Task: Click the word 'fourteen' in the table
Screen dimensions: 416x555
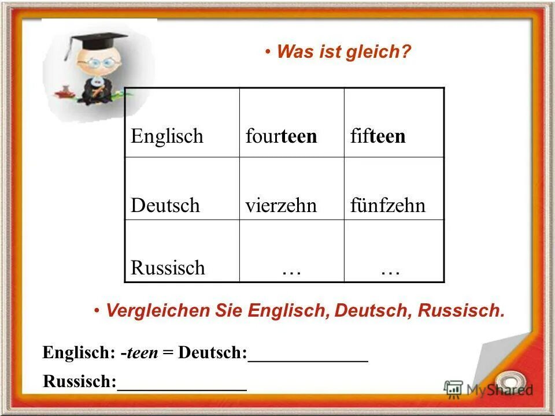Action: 282,136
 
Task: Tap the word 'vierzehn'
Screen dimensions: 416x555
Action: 282,206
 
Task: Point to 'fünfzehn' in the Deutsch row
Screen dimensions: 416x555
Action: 388,206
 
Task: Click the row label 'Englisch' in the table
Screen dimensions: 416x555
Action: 167,136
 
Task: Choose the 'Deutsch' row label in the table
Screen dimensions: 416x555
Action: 165,206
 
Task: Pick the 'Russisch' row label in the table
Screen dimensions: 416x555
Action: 168,268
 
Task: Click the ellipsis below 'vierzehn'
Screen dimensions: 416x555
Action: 291,270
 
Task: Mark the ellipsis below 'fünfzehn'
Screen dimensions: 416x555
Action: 391,270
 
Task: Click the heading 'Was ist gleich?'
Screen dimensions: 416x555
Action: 344,52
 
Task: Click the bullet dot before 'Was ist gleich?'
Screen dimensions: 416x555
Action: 269,53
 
